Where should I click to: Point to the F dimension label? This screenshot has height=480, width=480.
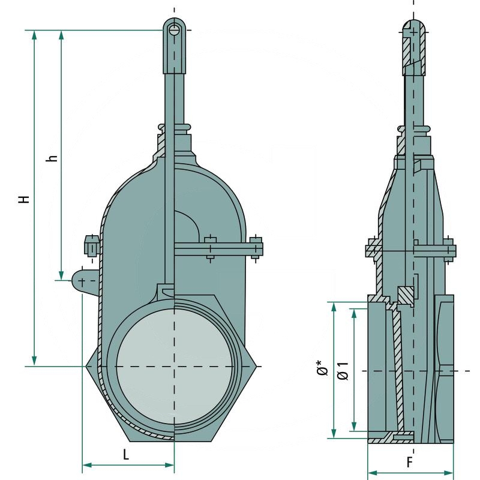click(x=409, y=463)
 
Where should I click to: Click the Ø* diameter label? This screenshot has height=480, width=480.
click(x=321, y=368)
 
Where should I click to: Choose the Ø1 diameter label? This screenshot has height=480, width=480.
click(x=343, y=370)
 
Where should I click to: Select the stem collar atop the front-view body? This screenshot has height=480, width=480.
click(x=175, y=128)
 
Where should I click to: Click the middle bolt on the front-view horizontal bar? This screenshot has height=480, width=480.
click(x=210, y=248)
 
